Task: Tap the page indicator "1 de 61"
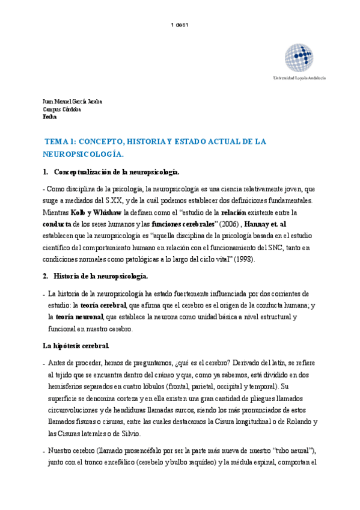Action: (x=180, y=25)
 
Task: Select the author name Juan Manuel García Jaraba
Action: (x=72, y=101)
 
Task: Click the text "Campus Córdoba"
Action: (x=63, y=109)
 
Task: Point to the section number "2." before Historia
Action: (x=45, y=276)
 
